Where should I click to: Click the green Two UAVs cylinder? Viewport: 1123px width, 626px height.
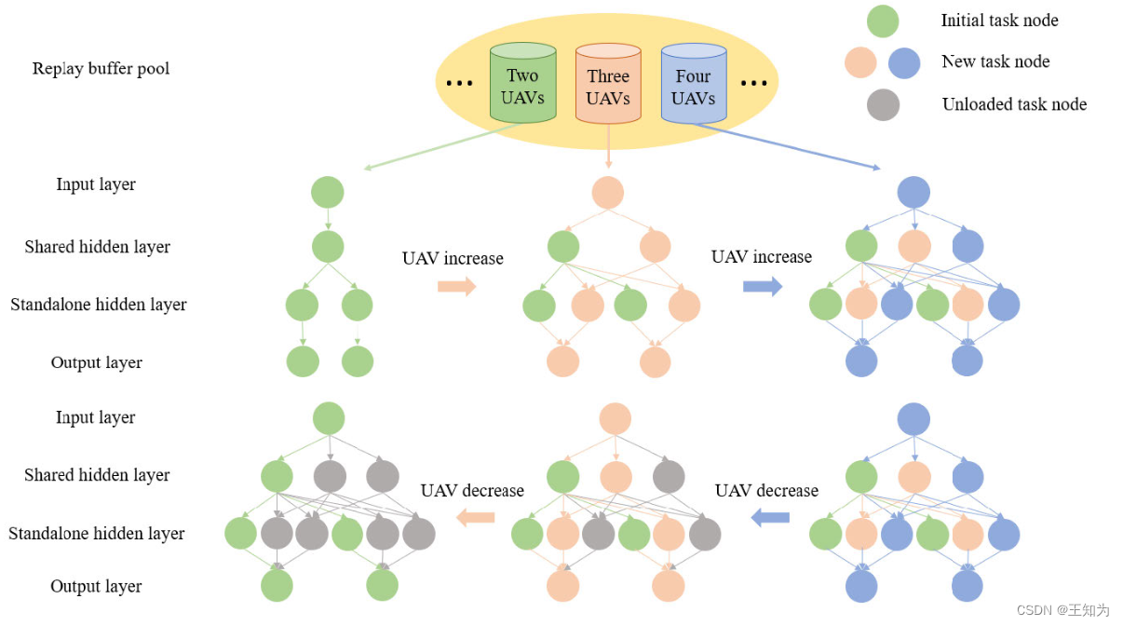click(522, 83)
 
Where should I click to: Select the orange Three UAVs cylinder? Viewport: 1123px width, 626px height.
click(608, 83)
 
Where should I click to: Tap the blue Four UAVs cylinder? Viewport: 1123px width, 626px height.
click(693, 83)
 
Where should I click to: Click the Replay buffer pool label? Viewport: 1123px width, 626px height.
click(101, 68)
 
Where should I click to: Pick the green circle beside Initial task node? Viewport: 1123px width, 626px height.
click(882, 20)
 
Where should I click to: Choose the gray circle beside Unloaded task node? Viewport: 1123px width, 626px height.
click(882, 104)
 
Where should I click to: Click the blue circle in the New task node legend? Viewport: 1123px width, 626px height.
click(904, 62)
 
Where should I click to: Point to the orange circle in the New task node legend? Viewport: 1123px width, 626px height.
click(860, 62)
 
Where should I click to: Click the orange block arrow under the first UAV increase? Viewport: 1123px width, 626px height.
click(456, 286)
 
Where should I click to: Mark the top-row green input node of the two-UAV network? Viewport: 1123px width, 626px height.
click(328, 193)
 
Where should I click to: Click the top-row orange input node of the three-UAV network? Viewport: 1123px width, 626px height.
click(608, 193)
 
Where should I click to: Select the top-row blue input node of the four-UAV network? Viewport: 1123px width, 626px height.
click(913, 193)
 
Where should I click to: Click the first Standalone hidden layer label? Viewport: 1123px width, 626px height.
click(99, 305)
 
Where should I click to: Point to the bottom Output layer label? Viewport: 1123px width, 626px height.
click(97, 586)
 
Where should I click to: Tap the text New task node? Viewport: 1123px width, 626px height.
click(995, 62)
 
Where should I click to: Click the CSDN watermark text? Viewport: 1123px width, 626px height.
click(1062, 610)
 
